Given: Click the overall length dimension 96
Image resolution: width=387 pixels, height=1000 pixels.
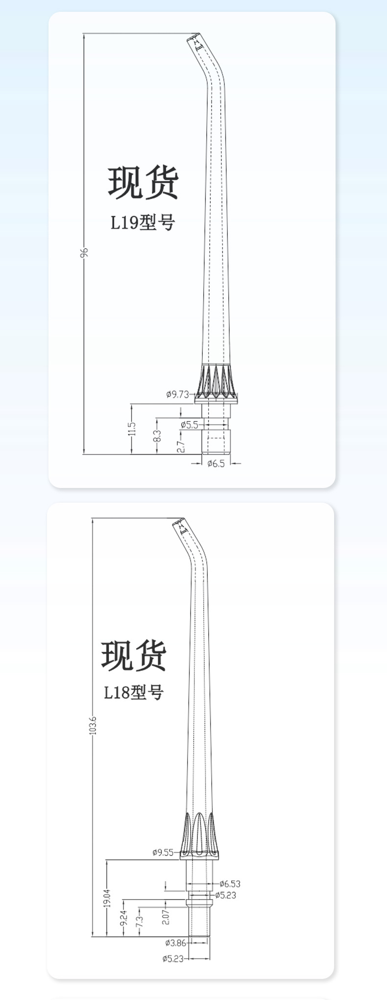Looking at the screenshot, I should point(85,252).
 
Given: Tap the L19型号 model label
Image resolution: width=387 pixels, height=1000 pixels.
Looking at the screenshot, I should point(143,222).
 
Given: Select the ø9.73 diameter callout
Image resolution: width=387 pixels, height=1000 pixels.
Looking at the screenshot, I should point(177,394).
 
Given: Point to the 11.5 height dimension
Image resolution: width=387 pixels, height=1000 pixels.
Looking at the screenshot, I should point(131,429).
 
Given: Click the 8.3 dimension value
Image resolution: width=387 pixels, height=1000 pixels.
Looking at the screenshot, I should point(157,435).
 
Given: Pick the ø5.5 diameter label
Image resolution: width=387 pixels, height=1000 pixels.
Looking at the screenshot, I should point(190,424).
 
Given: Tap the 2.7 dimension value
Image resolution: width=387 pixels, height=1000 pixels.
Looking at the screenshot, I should point(180,446).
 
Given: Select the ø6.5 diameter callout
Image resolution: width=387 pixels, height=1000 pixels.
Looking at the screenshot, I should point(216,463).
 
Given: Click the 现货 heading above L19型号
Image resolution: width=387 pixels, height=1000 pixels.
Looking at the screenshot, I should point(143,183).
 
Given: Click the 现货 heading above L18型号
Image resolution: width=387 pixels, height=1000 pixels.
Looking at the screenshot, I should point(134,656).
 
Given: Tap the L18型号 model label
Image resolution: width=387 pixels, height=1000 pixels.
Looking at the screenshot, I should point(133,693).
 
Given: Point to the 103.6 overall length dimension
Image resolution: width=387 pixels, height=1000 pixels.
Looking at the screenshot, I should point(94,725).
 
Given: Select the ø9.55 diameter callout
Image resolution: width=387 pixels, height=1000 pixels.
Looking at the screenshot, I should point(163,852).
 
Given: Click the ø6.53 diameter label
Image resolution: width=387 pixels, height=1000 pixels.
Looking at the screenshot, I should point(230,884).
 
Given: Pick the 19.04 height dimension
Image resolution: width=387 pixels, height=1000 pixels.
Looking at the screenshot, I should point(107,899).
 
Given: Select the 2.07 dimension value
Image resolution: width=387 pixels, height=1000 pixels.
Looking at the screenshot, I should point(166,916).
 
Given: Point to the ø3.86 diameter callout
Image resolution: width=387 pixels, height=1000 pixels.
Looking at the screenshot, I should point(175,942).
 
